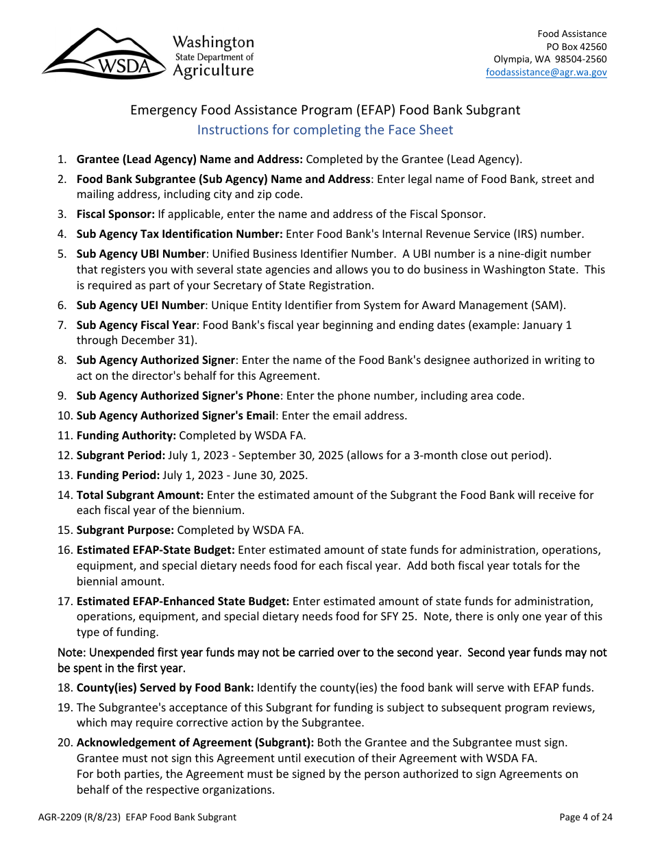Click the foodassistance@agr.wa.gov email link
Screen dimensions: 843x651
[546, 72]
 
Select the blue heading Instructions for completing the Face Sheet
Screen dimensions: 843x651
[325, 130]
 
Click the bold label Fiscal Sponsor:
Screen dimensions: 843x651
[115, 214]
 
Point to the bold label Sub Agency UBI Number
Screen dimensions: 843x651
[140, 254]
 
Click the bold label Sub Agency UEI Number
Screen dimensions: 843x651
[140, 305]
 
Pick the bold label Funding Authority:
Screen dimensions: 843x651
[126, 435]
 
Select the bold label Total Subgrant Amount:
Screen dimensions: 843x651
[140, 495]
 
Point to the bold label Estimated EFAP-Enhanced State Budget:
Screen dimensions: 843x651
[182, 601]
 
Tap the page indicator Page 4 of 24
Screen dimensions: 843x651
[585, 817]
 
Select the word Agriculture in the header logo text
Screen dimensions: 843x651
[213, 71]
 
